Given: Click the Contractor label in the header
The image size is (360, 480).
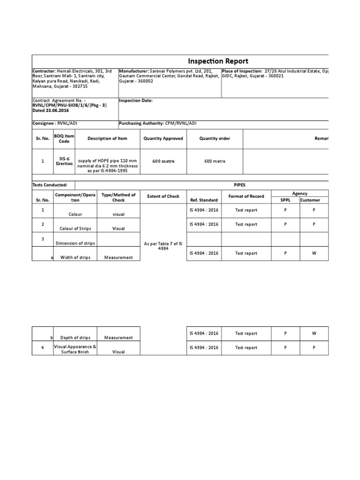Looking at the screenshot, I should tap(44, 71).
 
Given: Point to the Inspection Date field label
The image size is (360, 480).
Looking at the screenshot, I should tap(135, 100).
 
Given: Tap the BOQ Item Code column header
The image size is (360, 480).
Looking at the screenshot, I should tap(64, 138).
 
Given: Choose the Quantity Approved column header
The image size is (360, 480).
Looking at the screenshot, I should tap(163, 138).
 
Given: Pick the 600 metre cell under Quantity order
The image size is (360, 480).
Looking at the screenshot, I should tap(215, 161).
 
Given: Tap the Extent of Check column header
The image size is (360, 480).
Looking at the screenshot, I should tap(163, 196).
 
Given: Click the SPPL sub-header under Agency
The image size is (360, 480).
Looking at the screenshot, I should tap(285, 200).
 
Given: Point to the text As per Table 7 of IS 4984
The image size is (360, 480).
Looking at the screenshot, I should tap(163, 246).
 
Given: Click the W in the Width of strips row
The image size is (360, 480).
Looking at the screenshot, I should tap(314, 253).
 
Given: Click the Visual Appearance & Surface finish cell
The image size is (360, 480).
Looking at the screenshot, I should tap(75, 349).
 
